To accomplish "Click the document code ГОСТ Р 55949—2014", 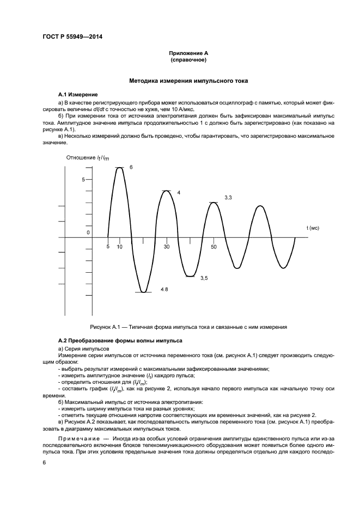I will (72, 37).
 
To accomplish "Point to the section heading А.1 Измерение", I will (77, 94).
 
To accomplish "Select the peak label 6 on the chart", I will (131, 167).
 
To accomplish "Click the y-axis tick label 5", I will (83, 179).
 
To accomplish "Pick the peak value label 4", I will (178, 193).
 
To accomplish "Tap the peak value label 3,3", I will (228, 197).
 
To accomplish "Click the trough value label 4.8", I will (164, 289).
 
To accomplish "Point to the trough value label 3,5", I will (204, 278).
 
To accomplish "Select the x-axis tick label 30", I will (167, 247).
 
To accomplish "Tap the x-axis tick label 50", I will (213, 247).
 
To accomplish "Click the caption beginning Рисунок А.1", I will (188, 327).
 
